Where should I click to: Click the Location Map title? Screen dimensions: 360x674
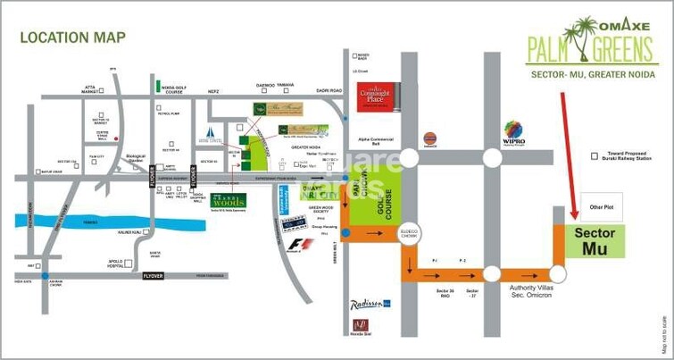point(73,38)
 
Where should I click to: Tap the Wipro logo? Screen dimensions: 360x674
point(515,133)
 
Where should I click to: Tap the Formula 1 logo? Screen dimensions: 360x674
point(306,242)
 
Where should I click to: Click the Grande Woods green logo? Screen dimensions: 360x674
point(228,200)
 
